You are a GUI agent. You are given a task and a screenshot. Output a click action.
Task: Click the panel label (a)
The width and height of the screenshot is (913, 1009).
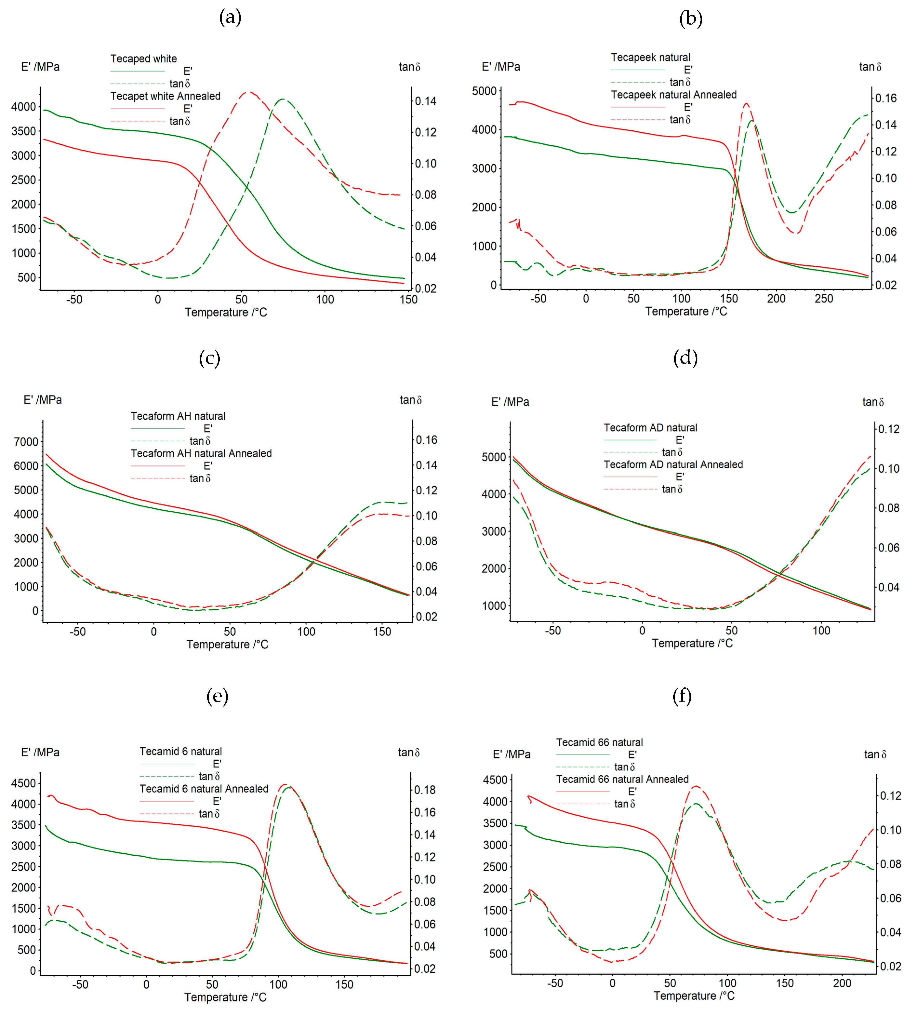(x=230, y=18)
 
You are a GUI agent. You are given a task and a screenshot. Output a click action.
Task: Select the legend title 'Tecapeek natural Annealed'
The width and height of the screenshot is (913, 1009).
(x=673, y=94)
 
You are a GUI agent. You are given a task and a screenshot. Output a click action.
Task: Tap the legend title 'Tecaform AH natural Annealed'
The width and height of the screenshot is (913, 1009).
(x=201, y=453)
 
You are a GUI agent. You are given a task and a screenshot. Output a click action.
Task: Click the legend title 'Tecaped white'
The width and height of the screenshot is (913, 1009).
(x=144, y=59)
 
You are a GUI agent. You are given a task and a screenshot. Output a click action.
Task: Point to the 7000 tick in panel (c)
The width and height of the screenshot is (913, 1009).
(x=26, y=441)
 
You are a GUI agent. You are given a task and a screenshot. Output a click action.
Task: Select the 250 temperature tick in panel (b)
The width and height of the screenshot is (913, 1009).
(x=823, y=299)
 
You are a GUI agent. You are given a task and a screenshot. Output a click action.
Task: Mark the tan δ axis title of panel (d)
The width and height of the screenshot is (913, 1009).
(x=873, y=402)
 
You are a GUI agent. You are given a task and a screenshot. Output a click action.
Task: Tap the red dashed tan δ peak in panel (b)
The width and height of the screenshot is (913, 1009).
(x=746, y=104)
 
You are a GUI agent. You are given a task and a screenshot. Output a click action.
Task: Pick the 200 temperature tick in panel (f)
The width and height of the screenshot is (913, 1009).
(x=842, y=983)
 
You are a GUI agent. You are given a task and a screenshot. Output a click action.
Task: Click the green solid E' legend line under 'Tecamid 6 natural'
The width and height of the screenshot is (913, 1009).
(x=167, y=764)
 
